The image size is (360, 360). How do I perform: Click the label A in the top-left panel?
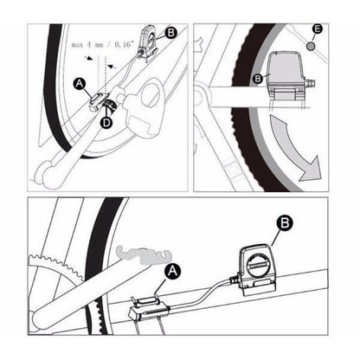[x=80, y=84]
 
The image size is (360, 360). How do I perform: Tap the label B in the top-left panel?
[x=171, y=32]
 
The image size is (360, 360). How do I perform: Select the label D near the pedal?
[x=106, y=123]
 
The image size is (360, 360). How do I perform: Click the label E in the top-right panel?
[x=318, y=29]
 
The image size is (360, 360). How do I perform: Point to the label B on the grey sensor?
[x=258, y=79]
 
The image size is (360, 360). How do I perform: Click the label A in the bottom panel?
[x=172, y=271]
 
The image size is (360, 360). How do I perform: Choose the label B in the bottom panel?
[x=285, y=223]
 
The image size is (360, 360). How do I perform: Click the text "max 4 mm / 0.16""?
[x=103, y=45]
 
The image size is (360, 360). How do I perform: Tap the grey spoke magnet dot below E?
[x=311, y=46]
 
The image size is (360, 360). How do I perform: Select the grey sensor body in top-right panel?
[x=286, y=69]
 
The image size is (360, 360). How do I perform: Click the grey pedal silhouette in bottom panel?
[x=144, y=256]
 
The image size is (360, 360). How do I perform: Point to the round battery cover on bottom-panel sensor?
[x=256, y=263]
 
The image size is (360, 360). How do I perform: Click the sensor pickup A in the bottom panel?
[x=149, y=309]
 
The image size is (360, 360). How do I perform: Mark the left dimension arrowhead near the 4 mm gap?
[x=90, y=58]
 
